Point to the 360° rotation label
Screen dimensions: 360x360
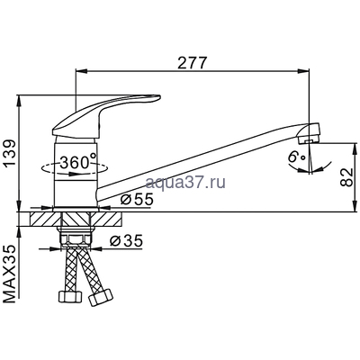(74, 163)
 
